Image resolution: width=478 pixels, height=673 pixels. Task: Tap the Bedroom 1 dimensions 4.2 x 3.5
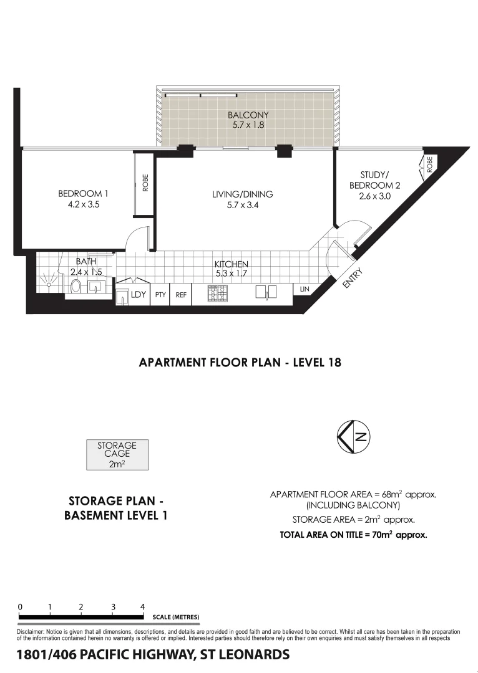click(84, 204)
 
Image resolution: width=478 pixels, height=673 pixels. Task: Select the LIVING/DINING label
click(243, 194)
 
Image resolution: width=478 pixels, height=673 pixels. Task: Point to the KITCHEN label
click(232, 264)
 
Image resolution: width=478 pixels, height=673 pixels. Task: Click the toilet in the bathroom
click(76, 287)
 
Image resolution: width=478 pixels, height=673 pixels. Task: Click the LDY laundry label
click(138, 295)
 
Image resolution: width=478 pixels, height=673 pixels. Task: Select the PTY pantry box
click(160, 295)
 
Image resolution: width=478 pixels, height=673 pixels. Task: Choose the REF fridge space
click(181, 295)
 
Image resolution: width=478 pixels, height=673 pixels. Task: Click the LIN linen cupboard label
click(305, 290)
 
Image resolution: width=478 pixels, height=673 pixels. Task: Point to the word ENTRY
click(351, 278)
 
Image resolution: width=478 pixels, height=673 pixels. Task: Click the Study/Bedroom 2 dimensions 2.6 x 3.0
click(374, 196)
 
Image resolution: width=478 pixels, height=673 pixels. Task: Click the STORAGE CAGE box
click(117, 454)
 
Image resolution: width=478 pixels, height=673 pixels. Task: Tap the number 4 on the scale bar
click(143, 606)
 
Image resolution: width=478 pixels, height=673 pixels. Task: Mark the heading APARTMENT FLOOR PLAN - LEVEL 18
click(240, 362)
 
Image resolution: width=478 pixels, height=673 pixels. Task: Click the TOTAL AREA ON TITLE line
click(353, 534)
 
